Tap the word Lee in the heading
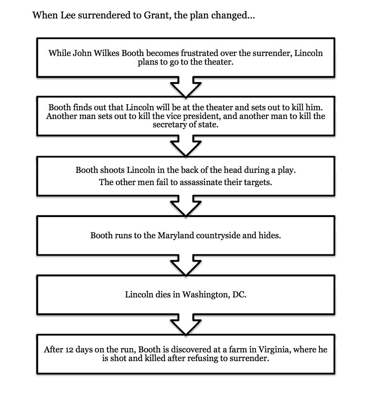pyautogui.click(x=68, y=15)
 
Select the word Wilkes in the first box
pyautogui.click(x=106, y=53)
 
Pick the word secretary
pyautogui.click(x=169, y=125)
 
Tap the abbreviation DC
pyautogui.click(x=239, y=295)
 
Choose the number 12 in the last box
pyautogui.click(x=69, y=350)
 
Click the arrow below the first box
pyautogui.click(x=185, y=87)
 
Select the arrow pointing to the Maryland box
pyautogui.click(x=185, y=206)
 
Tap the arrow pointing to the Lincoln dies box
pyautogui.click(x=185, y=265)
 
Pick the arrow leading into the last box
pyautogui.click(x=185, y=325)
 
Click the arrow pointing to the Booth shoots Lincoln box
pyautogui.click(x=185, y=146)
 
